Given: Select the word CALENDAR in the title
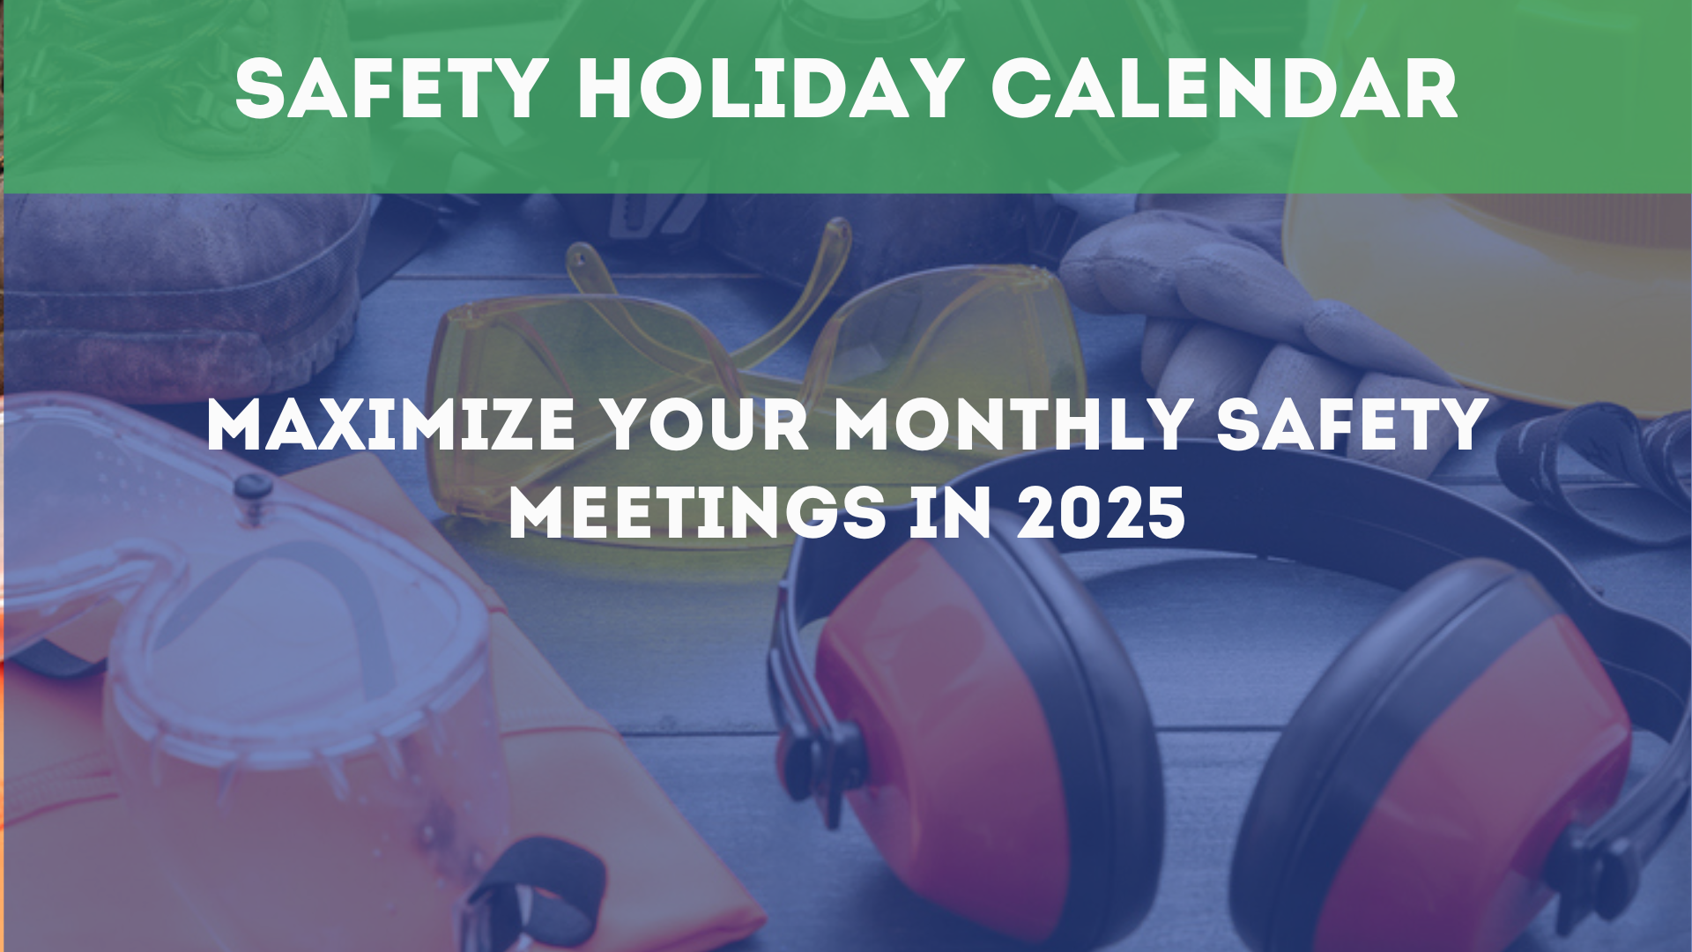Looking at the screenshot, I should click(x=1225, y=89).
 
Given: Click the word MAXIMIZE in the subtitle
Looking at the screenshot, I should click(x=390, y=425).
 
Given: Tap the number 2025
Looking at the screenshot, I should click(x=1102, y=513).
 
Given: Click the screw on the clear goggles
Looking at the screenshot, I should click(x=251, y=487).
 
